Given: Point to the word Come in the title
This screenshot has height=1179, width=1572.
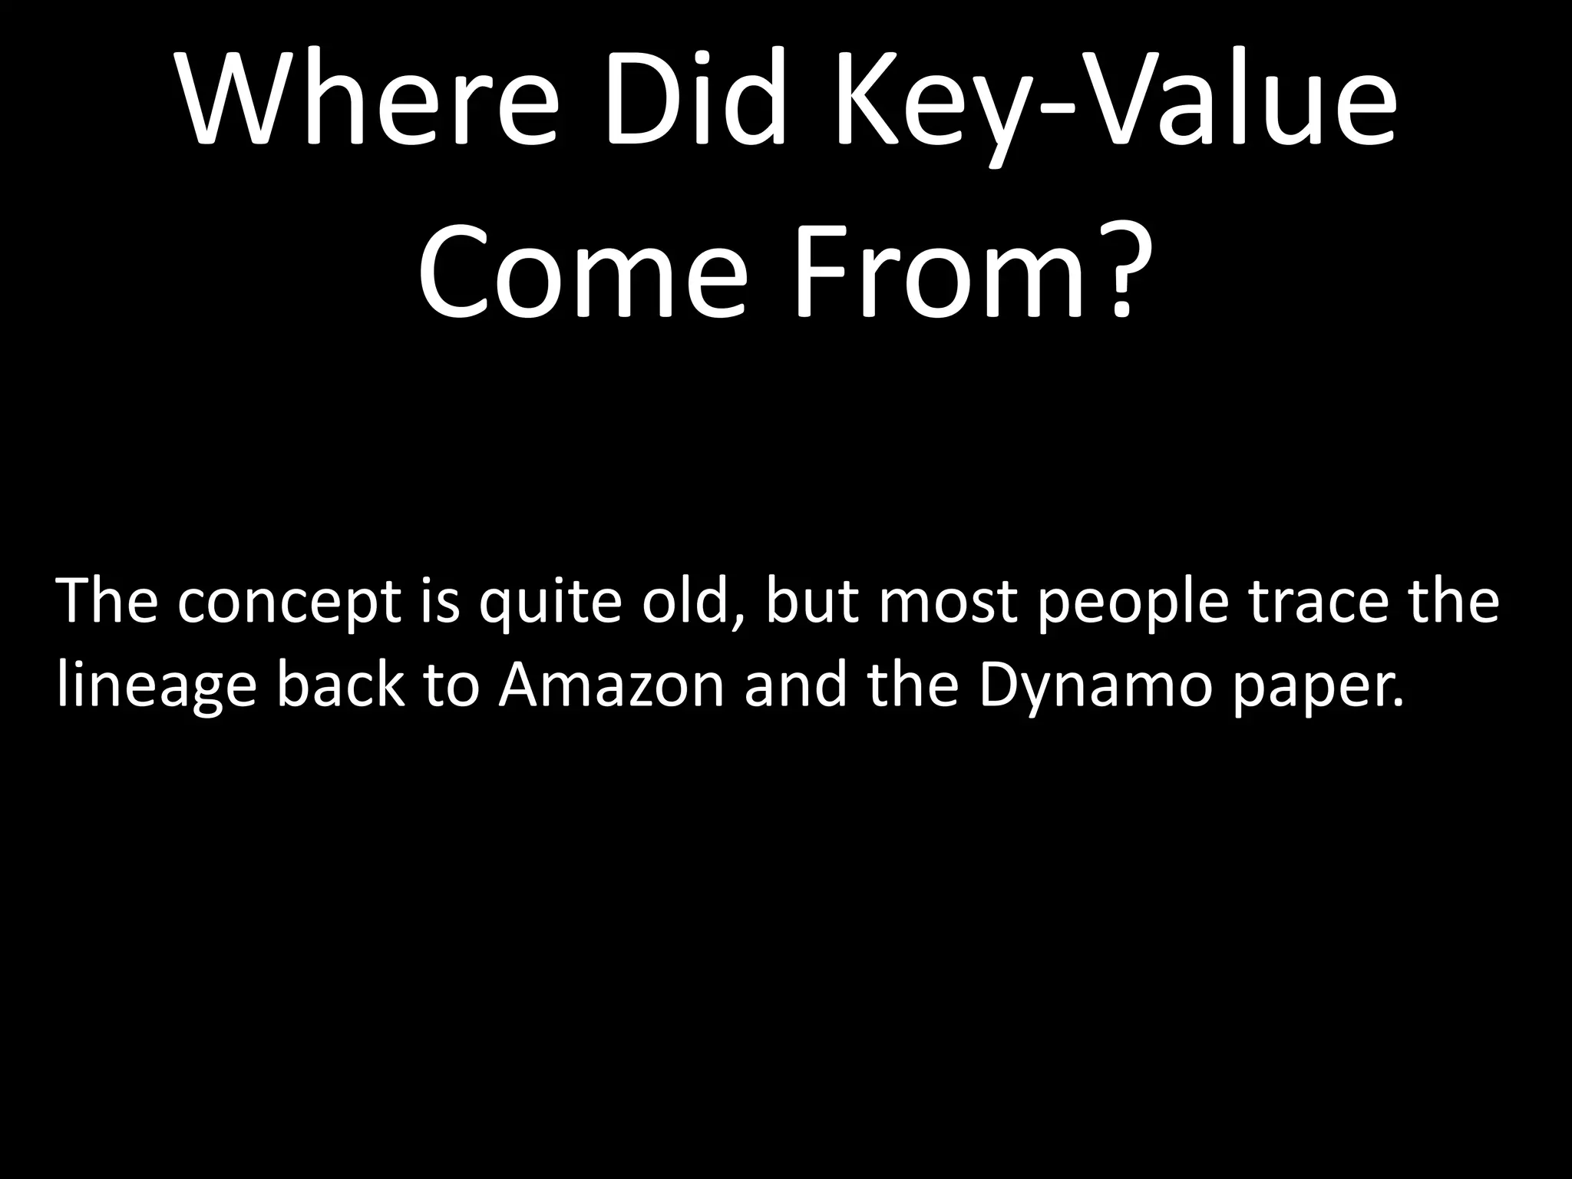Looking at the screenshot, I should (583, 272).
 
